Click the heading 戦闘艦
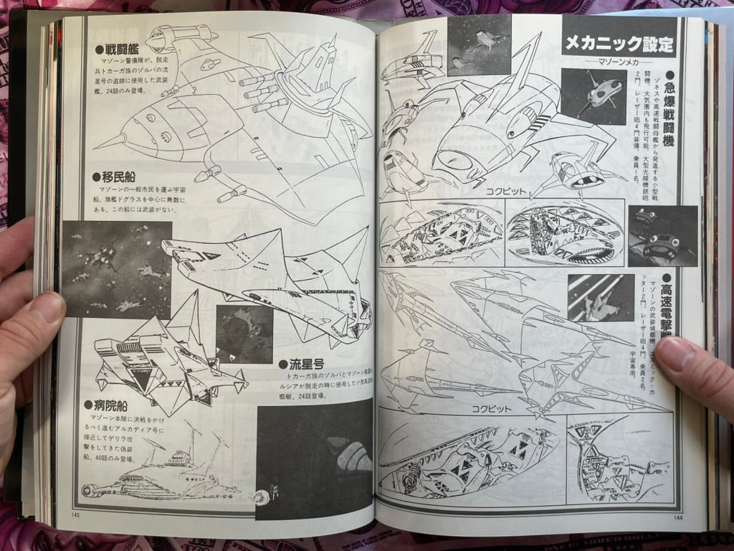coord(119,50)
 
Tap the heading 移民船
coord(115,177)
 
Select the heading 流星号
coord(307,364)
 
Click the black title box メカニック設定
coord(619,43)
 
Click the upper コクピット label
coord(506,192)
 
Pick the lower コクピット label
coord(491,408)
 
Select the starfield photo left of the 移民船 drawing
coord(116,269)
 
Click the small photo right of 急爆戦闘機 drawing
coord(594,96)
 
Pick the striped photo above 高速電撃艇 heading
coord(601,297)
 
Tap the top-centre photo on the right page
coord(479,44)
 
